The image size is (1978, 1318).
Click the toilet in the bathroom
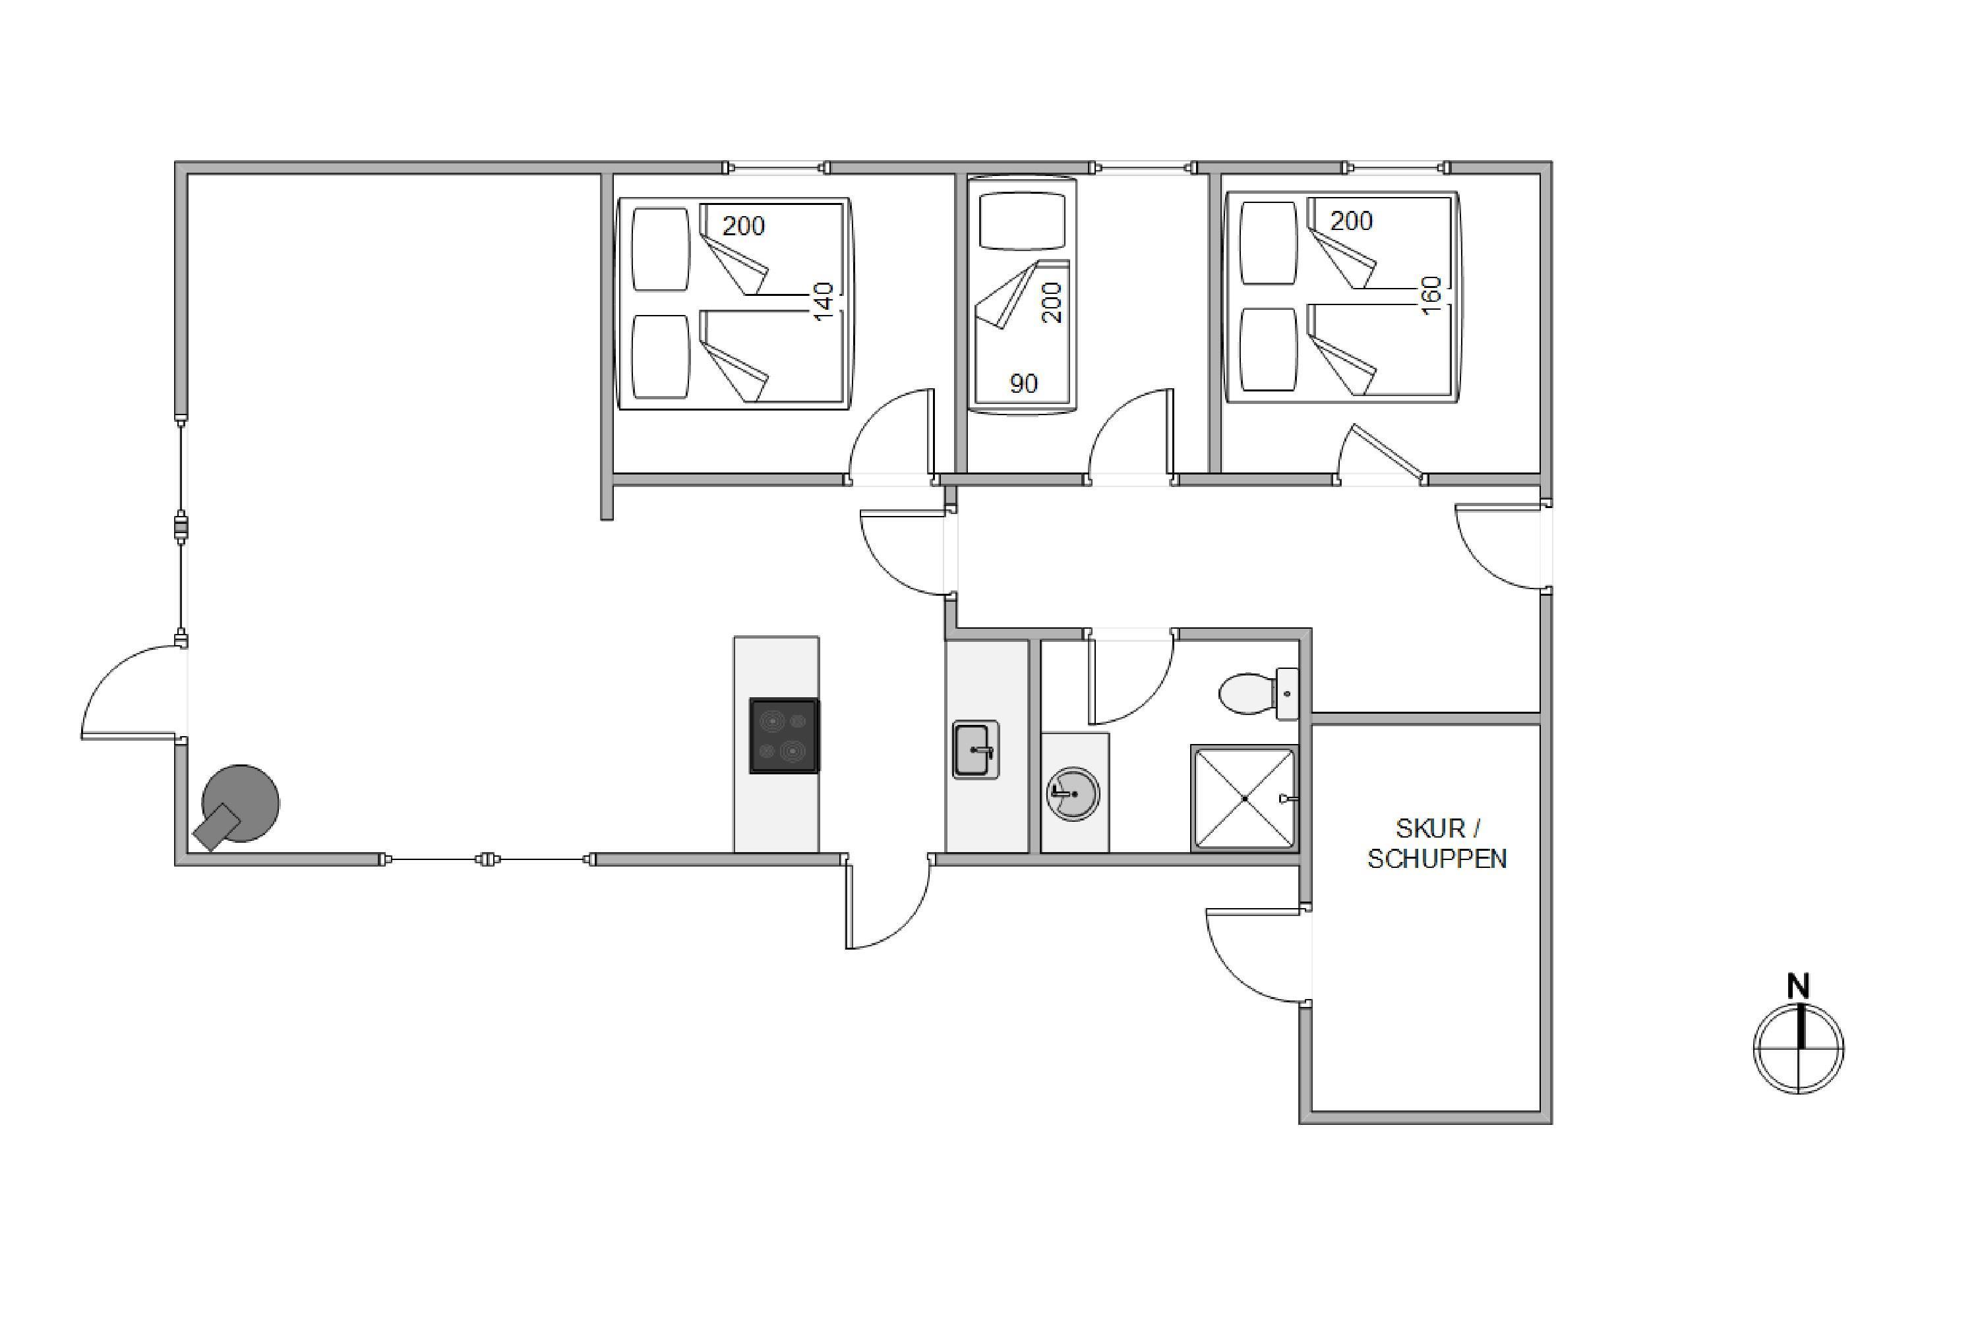pyautogui.click(x=1258, y=693)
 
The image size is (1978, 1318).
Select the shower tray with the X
pyautogui.click(x=1245, y=797)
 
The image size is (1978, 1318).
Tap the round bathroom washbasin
pyautogui.click(x=1073, y=793)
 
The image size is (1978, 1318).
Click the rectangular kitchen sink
pyautogui.click(x=976, y=750)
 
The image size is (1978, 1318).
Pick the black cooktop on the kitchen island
pyautogui.click(x=784, y=735)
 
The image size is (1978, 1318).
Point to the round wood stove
pyautogui.click(x=235, y=806)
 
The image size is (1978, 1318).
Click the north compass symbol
pyautogui.click(x=1799, y=1048)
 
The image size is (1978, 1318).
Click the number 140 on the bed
pyautogui.click(x=824, y=301)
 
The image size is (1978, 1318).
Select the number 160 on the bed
pyautogui.click(x=1431, y=295)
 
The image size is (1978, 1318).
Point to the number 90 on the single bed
pyautogui.click(x=1023, y=384)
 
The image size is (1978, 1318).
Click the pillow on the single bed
pyautogui.click(x=1023, y=220)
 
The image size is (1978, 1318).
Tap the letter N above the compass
pyautogui.click(x=1798, y=986)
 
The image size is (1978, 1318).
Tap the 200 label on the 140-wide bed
pyautogui.click(x=744, y=225)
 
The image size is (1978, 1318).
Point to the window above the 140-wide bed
pyautogui.click(x=776, y=168)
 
